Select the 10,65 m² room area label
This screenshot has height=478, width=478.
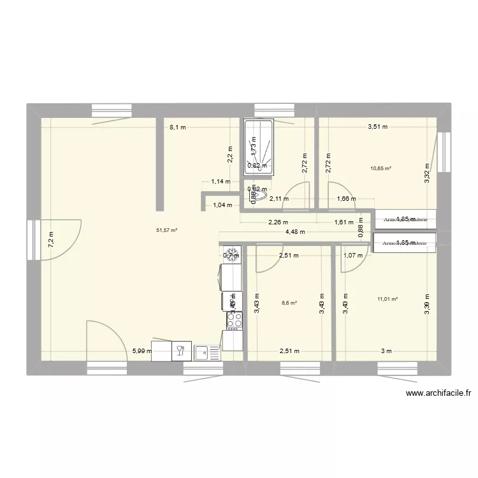380,168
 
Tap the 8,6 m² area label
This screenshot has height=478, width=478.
290,303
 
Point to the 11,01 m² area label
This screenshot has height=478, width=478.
387,298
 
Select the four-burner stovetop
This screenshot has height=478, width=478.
234,321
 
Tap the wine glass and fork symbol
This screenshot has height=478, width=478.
180,349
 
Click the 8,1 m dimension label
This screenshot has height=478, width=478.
178,127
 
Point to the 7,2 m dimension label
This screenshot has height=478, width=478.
51,238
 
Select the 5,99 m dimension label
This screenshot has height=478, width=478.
142,351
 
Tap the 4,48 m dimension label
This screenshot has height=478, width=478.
294,232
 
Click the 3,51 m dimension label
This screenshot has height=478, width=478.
378,127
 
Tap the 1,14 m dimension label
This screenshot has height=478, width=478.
221,181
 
